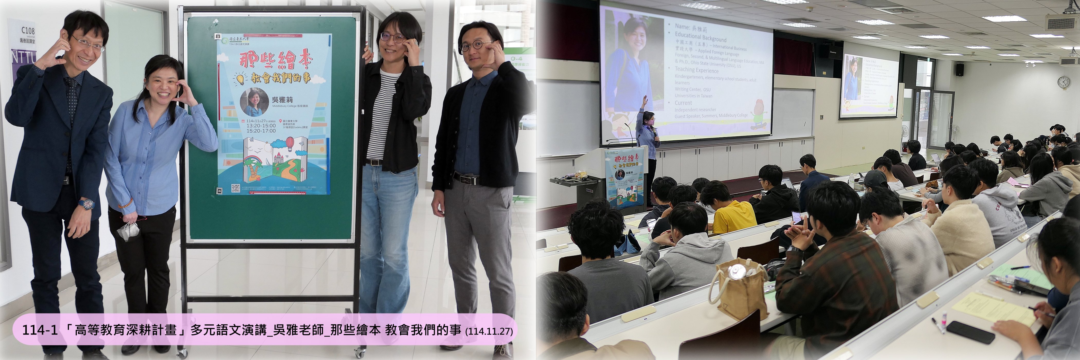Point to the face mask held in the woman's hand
128,231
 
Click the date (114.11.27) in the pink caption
489,331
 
